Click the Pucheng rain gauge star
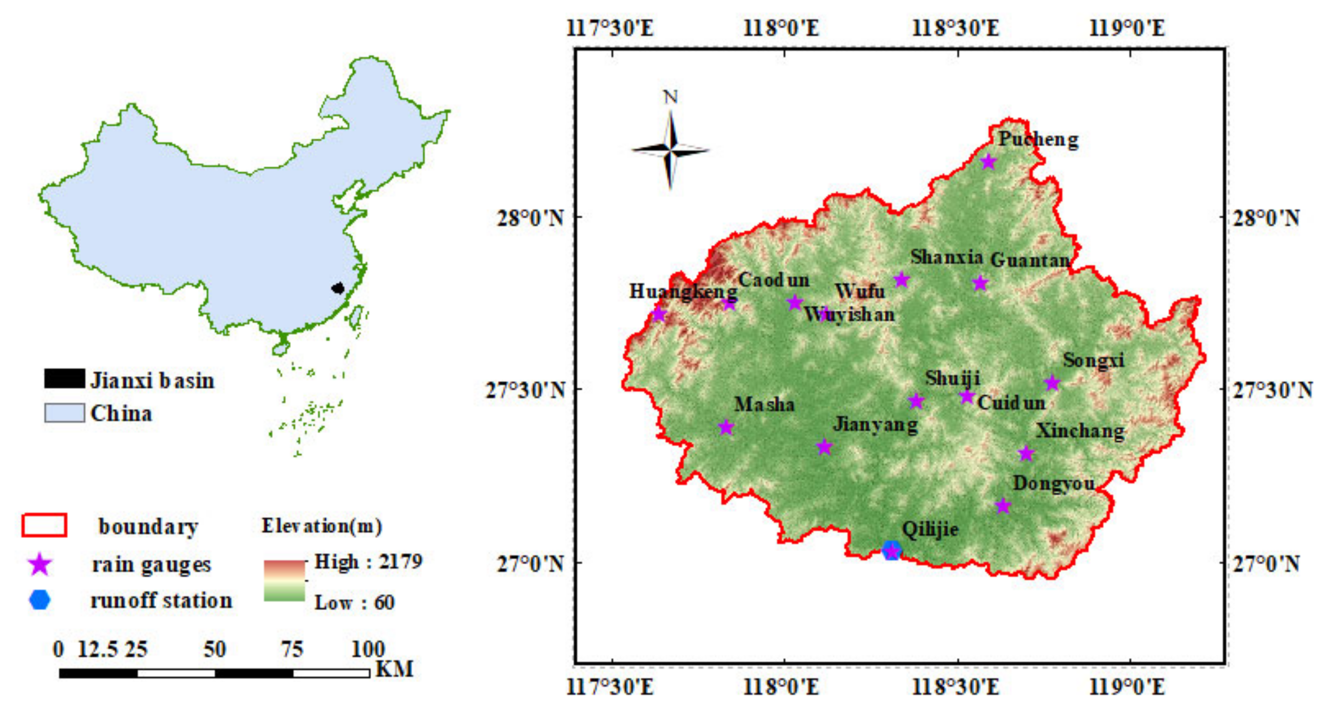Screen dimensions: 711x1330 988,162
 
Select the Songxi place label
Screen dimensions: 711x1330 1093,360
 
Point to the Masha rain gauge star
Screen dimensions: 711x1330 726,427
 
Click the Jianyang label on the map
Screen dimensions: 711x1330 876,425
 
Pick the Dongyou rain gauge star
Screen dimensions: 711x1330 1003,505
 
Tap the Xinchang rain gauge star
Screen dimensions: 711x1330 1026,453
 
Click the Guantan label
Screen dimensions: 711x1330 1030,260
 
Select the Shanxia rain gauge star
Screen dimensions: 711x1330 901,279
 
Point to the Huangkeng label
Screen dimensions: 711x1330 682,291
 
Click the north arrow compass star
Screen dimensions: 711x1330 670,150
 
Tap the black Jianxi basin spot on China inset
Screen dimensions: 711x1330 337,287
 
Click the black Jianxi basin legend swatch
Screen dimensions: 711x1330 65,379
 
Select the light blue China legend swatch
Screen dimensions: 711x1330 65,412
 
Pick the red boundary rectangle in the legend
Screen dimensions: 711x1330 44,525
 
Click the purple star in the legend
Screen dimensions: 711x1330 40,564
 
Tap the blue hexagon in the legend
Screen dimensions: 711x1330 40,600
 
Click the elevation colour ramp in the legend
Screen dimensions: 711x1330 284,580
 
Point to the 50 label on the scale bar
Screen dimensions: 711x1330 215,649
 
